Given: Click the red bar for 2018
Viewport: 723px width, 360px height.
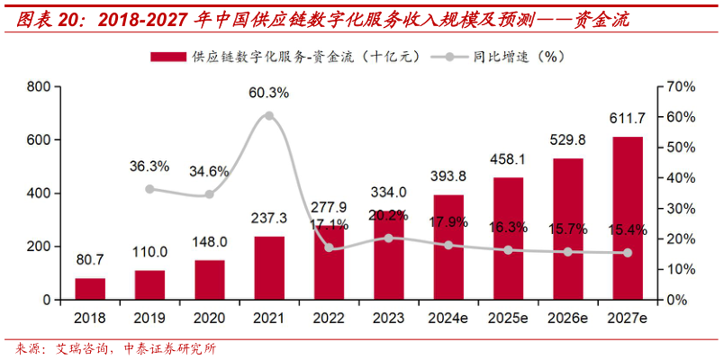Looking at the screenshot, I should coord(89,289).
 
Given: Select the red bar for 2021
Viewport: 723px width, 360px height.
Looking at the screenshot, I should coord(269,268).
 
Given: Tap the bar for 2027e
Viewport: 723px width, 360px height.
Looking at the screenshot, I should coord(628,219).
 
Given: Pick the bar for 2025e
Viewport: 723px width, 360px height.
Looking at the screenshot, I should coord(508,238).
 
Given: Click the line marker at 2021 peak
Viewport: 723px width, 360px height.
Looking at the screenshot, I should coord(269,115).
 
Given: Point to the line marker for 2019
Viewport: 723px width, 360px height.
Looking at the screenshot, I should coord(149,189).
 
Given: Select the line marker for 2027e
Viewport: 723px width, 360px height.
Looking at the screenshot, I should coord(628,253).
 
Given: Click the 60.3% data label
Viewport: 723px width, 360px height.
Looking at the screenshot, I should coord(269,93).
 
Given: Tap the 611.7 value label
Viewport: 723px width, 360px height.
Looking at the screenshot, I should coord(628,119).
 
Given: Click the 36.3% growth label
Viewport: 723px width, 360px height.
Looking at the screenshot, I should coord(149,166).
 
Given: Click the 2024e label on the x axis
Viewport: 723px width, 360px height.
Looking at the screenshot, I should coord(448,319).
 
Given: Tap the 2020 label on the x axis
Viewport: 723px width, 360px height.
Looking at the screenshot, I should coord(209,319).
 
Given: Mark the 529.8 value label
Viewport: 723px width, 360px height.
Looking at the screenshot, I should coord(568,140).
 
